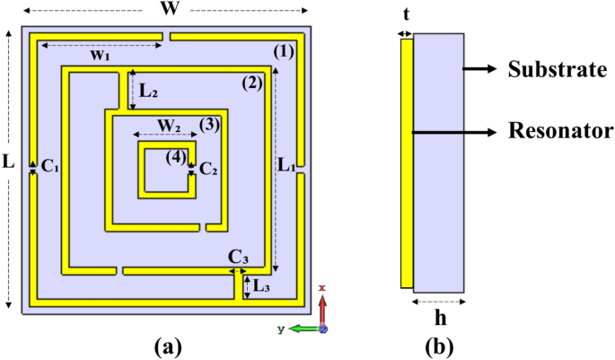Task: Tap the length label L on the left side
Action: (x=9, y=164)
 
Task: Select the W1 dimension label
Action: (x=100, y=56)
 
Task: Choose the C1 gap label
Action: (x=50, y=167)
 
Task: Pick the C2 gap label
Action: (x=208, y=168)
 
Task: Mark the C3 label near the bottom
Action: (x=238, y=259)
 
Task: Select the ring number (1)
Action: (x=283, y=51)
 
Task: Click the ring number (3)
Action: (x=208, y=124)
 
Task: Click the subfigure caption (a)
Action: (x=168, y=345)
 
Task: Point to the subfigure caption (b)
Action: (x=440, y=345)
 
